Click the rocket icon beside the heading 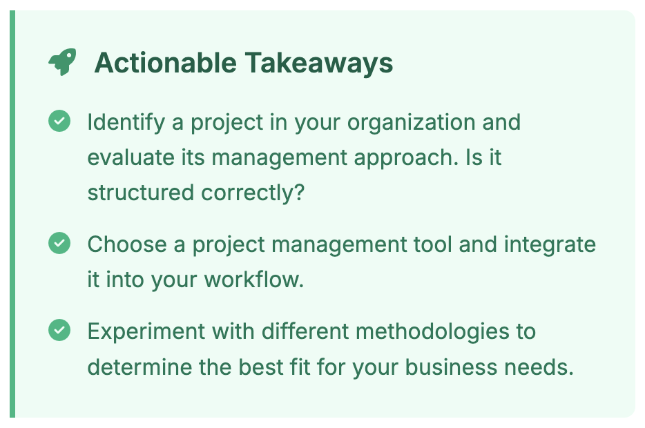click(x=62, y=62)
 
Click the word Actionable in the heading click(x=165, y=63)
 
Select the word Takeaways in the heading click(x=319, y=64)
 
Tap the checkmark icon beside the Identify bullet click(x=59, y=121)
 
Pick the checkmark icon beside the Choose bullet click(x=59, y=243)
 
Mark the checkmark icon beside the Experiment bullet click(x=59, y=330)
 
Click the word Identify click(x=126, y=122)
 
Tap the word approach click(x=406, y=158)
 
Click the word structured click(x=141, y=193)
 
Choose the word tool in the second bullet click(x=433, y=244)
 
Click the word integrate click(x=550, y=245)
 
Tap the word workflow click(x=254, y=280)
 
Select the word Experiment click(x=146, y=332)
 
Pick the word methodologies click(x=432, y=332)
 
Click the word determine click(x=140, y=367)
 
